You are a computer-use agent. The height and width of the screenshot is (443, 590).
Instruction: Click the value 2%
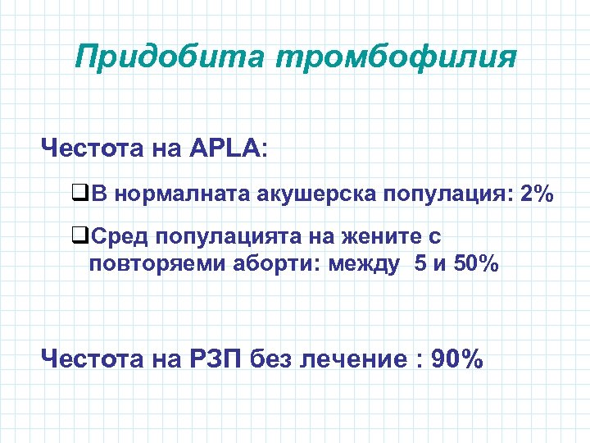[x=536, y=194]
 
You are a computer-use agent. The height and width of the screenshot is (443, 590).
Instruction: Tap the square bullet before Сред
[x=79, y=238]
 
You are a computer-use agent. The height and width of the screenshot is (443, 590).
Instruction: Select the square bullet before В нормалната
[x=79, y=194]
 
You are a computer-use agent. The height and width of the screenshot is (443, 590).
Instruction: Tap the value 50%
[x=475, y=264]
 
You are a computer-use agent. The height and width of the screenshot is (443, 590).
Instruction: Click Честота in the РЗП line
[x=93, y=359]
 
